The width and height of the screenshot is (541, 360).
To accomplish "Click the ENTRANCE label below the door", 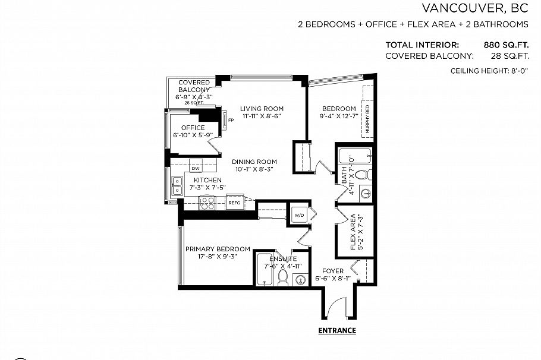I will pos(337,331).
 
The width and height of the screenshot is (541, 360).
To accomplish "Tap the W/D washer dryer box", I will pos(298,215).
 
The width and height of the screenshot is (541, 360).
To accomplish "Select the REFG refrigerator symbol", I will pos(234,203).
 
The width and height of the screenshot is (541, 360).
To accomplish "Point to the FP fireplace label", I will pos(231,121).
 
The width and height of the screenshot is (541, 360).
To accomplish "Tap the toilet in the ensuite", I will pos(283,278).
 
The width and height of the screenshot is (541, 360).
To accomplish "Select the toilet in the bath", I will pos(367,175).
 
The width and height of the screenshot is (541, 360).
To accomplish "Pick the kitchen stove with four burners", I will pos(207,203).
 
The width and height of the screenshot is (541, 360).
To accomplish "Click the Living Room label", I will pos(262,109).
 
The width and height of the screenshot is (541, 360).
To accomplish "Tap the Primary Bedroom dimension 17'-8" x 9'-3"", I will pos(217,257).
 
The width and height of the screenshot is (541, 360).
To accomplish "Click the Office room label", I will pos(193,128).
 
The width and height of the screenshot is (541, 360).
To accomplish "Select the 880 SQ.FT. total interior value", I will pos(505,45).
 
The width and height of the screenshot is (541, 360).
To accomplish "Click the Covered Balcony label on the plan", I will pos(194,86).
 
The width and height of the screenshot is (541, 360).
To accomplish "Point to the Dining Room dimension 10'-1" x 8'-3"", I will pos(254,169).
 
